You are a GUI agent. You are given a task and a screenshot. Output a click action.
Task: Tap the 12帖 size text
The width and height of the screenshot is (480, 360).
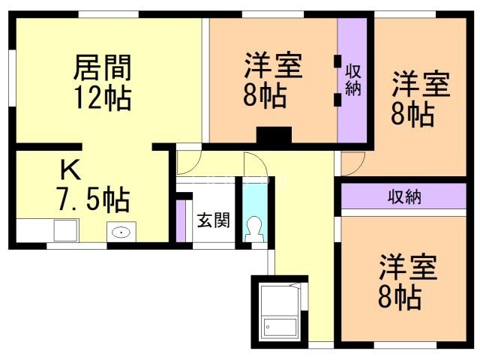[x=102, y=98]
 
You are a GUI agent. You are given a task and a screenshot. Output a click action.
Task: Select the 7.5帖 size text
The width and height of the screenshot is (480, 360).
[x=93, y=199]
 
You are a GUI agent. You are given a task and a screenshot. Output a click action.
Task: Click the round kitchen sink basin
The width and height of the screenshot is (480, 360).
[x=120, y=232]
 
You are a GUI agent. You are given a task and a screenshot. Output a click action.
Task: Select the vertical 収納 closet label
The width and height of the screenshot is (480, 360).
[x=353, y=79]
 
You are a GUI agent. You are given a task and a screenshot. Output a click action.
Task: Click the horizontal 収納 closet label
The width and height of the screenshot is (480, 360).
[x=404, y=197]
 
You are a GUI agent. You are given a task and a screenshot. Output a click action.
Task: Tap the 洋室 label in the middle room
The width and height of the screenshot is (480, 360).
[x=273, y=66]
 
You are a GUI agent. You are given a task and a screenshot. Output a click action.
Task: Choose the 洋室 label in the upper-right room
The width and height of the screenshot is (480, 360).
[x=420, y=84]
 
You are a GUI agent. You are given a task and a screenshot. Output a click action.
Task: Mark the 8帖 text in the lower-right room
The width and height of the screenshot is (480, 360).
[x=399, y=298]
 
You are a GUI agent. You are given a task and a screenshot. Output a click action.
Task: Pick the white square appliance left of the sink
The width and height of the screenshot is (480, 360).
[x=65, y=231]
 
